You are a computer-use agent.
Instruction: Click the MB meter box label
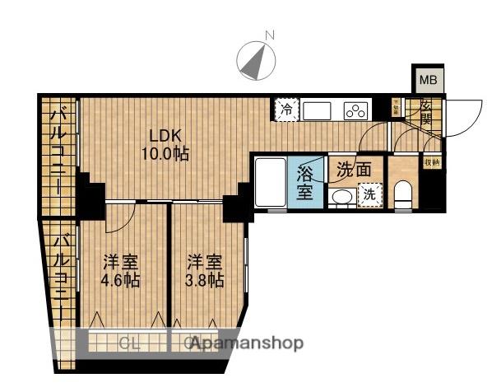[x=428, y=80]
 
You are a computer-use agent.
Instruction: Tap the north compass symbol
[x=257, y=58]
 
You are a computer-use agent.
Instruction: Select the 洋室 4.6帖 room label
[x=120, y=271]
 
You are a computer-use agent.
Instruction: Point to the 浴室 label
[x=304, y=183]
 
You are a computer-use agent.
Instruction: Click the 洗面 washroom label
[x=354, y=169]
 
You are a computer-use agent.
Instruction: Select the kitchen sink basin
[x=318, y=110]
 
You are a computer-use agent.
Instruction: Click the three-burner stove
[x=355, y=110]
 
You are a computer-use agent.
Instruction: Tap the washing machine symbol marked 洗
[x=369, y=195]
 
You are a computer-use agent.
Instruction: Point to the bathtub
[x=270, y=183]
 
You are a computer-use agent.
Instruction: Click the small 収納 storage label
[x=432, y=163]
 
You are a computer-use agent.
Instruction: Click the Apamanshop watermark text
[x=247, y=343]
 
